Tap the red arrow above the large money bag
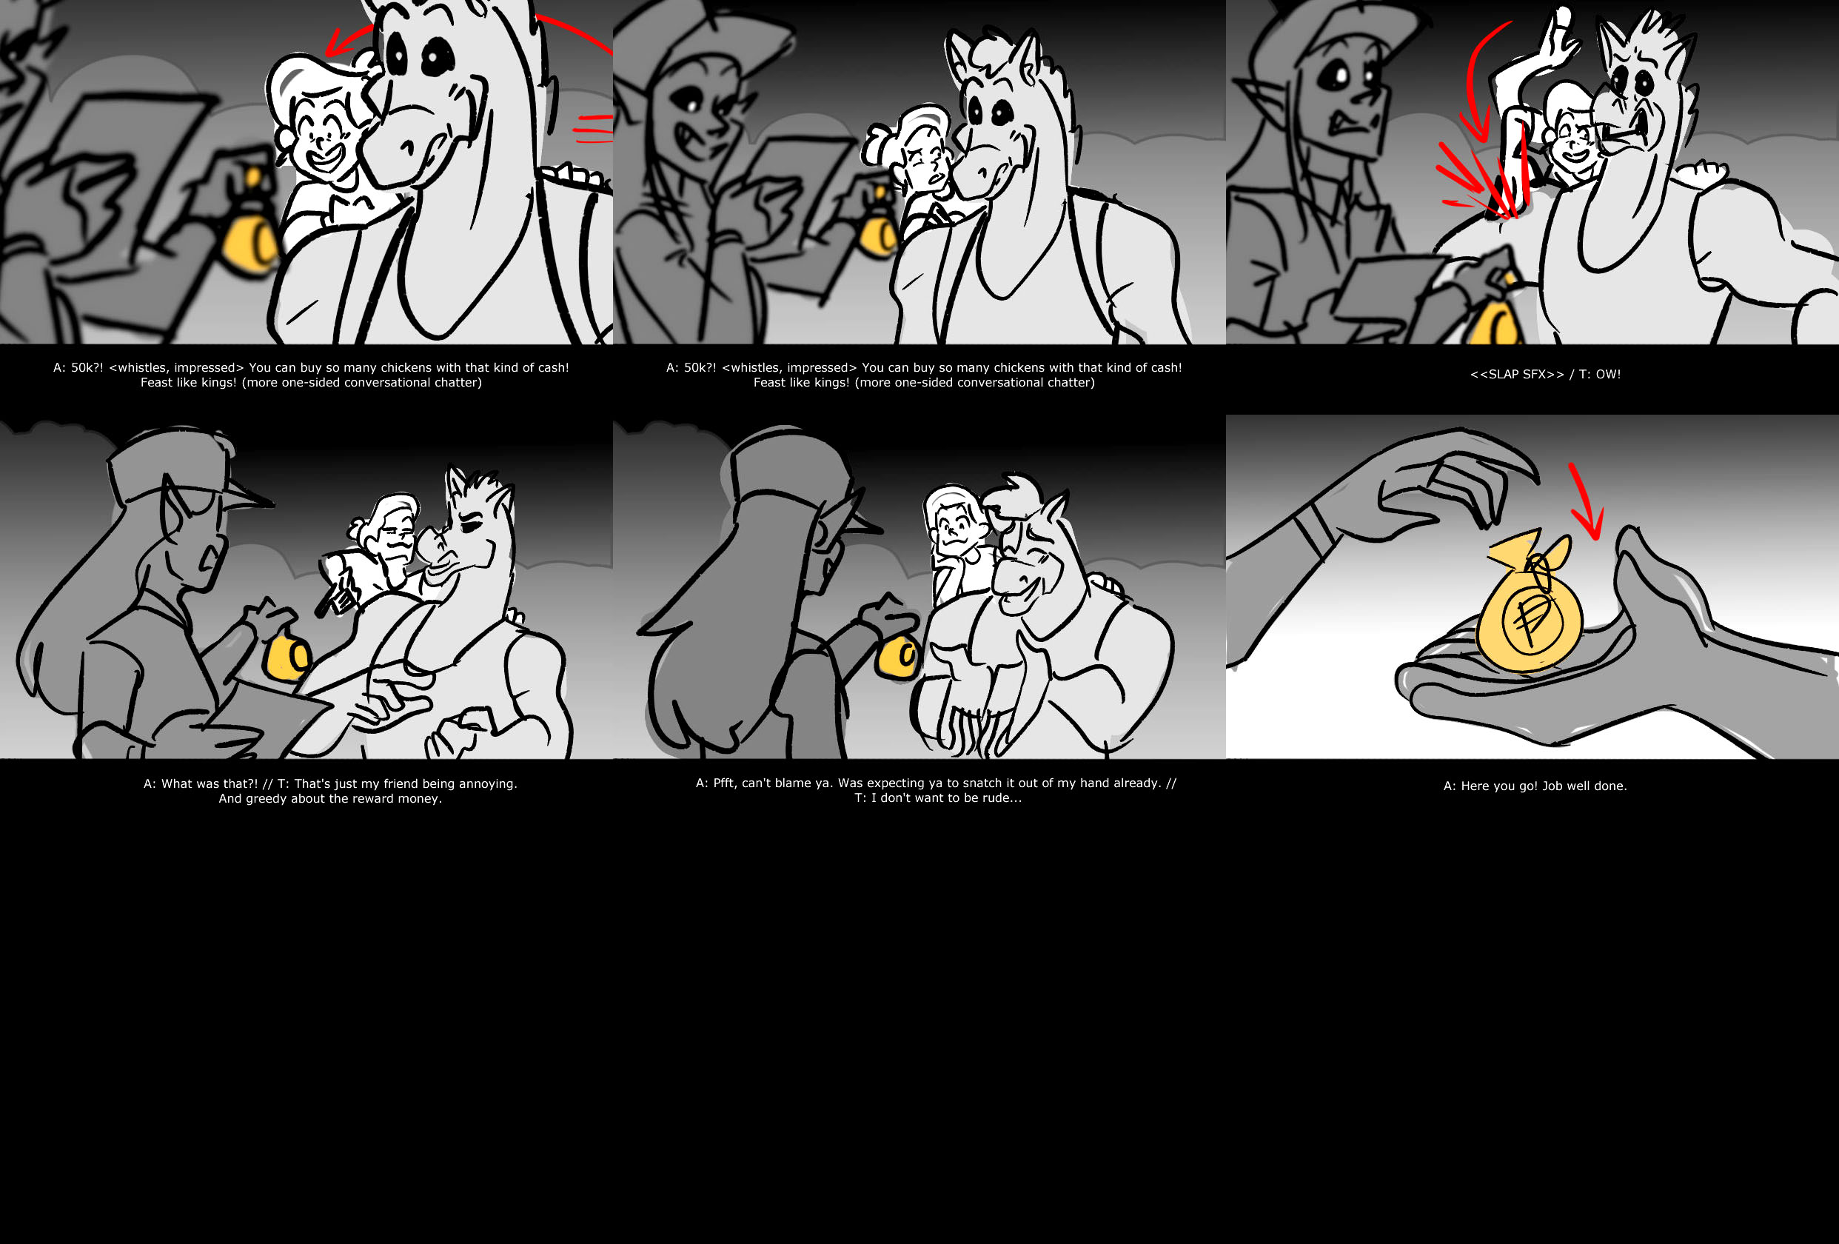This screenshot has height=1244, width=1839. tap(1586, 502)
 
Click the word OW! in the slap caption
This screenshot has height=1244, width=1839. tap(1608, 374)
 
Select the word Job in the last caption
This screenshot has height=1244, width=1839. tap(1552, 786)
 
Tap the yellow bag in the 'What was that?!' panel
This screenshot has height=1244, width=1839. tap(287, 658)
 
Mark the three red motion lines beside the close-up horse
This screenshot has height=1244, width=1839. tap(593, 128)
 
